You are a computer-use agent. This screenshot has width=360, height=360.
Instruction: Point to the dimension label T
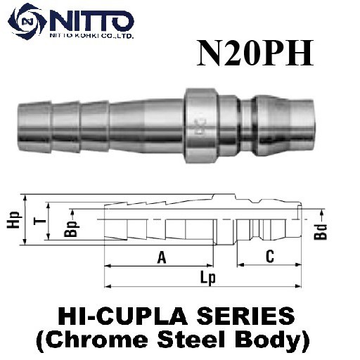[39, 221]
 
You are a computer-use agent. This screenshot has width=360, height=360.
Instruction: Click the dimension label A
[162, 258]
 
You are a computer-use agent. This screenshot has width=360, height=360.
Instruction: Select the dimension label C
[269, 257]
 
